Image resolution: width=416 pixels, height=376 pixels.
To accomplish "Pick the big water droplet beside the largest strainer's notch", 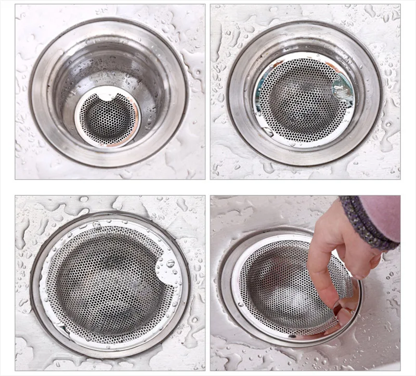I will (171, 264).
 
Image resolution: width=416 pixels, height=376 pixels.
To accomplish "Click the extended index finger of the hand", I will (317, 271).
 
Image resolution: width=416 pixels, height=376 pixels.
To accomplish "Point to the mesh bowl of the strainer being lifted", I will (281, 292).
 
